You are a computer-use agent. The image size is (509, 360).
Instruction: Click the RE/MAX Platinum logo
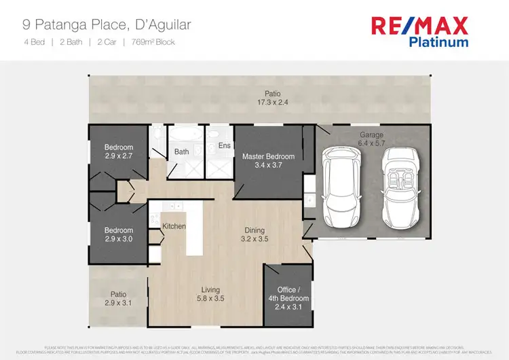(419, 32)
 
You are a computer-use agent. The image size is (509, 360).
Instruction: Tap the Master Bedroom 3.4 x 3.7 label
(269, 161)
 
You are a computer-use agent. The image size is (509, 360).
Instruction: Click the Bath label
(181, 151)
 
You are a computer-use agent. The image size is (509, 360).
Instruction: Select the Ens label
(224, 145)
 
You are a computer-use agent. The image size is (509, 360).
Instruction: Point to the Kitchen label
(174, 226)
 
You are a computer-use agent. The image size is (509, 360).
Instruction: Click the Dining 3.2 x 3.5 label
(254, 235)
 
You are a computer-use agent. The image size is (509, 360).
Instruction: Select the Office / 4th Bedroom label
(292, 298)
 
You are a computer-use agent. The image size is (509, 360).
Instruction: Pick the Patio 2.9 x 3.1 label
(118, 299)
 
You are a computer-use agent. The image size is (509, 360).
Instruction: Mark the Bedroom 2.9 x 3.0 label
(118, 235)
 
